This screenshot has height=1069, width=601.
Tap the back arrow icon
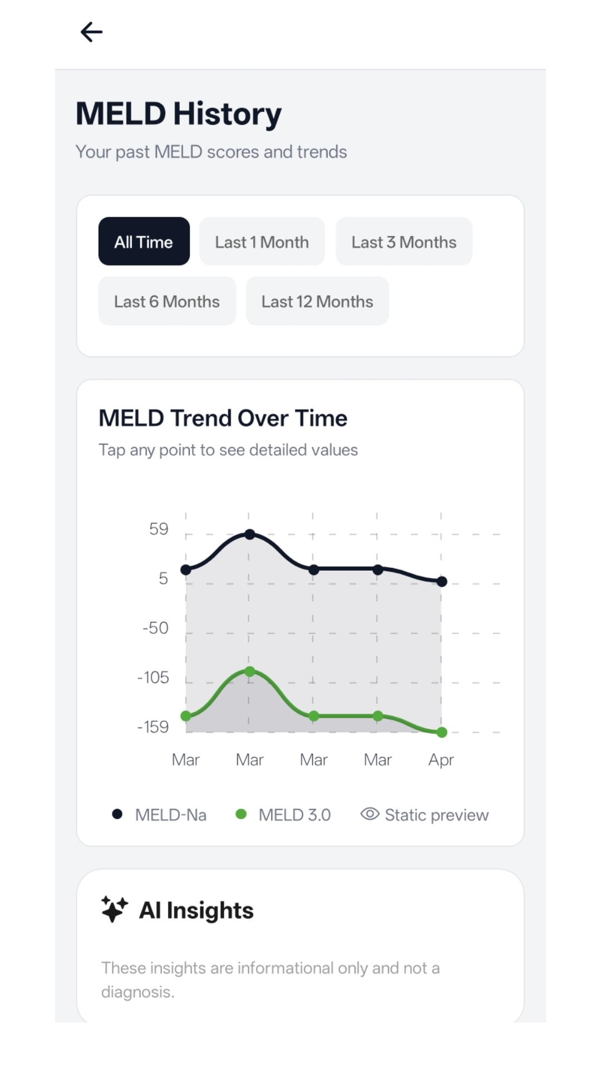(92, 32)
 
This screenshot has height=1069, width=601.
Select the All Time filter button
(144, 242)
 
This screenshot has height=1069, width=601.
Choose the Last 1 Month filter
(262, 242)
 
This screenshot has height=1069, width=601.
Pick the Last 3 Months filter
(403, 242)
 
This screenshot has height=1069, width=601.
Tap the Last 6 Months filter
(167, 301)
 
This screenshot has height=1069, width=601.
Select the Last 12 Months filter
(317, 301)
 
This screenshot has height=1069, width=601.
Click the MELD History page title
(179, 114)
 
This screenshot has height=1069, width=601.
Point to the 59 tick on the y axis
(159, 529)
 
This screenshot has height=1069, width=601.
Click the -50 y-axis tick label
(155, 628)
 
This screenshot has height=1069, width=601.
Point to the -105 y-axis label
(153, 678)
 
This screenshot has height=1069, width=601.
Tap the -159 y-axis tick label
(153, 727)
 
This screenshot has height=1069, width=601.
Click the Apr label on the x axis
(441, 760)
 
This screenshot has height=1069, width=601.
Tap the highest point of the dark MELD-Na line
(250, 534)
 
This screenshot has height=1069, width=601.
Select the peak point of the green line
(250, 672)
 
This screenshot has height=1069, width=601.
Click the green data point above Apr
(442, 732)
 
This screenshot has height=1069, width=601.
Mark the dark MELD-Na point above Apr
(442, 582)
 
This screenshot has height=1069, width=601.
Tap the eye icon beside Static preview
(370, 814)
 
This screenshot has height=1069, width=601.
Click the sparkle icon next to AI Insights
(115, 909)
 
